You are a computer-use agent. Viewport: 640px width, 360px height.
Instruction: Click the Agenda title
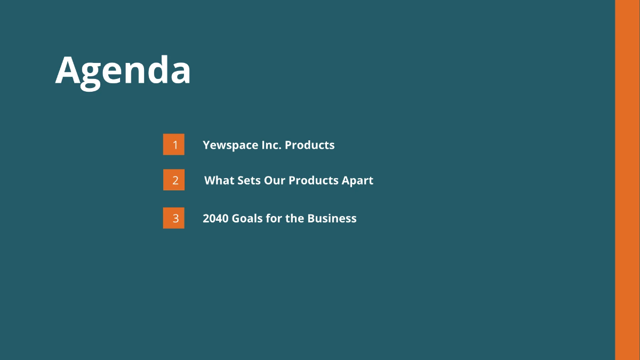tap(123, 71)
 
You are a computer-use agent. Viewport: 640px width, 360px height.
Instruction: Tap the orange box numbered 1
tap(174, 145)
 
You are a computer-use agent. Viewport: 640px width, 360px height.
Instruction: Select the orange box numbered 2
tap(174, 180)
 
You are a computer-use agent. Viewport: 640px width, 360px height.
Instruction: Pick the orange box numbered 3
tap(174, 218)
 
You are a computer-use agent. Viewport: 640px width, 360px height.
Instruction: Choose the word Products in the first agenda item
tap(310, 145)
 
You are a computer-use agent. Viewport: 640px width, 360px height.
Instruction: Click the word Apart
tap(357, 181)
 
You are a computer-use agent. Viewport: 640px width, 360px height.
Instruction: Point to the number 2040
tap(215, 218)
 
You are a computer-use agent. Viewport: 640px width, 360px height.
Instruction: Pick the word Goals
tap(247, 218)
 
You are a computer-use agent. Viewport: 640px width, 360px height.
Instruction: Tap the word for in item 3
tap(274, 218)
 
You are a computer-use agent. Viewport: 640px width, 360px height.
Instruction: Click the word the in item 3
tap(294, 218)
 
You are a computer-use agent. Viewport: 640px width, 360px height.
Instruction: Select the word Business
tap(332, 218)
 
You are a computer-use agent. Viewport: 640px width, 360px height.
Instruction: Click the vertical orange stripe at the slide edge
tap(627, 180)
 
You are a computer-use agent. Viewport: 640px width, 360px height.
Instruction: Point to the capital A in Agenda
tap(68, 71)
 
